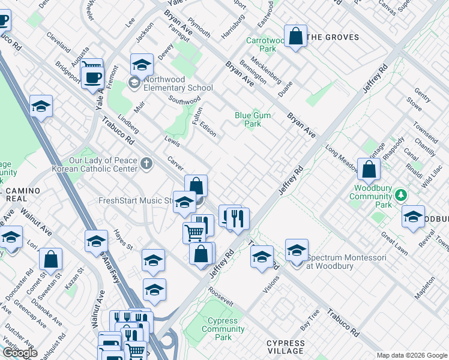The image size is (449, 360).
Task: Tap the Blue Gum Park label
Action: (252, 119)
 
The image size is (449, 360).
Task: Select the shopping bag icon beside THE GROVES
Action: (295, 37)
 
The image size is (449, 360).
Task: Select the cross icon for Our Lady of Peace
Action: (146, 164)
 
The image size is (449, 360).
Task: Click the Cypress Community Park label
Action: (223, 329)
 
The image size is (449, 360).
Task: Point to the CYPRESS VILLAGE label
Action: (285, 347)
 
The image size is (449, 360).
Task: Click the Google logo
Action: (20, 353)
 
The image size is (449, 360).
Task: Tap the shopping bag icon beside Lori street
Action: (51, 260)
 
